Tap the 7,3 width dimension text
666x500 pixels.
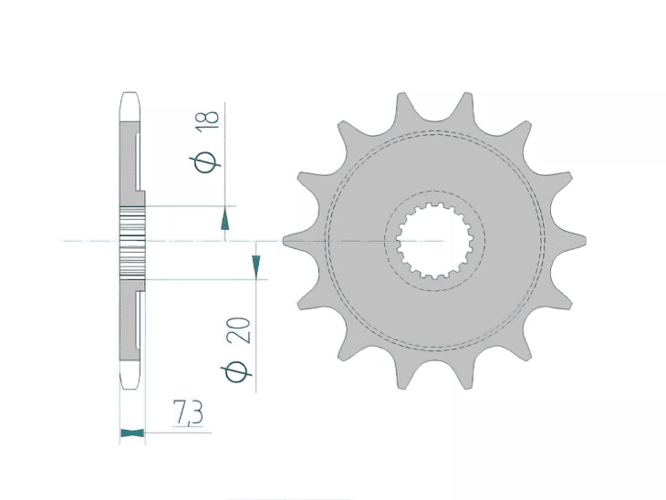pyautogui.click(x=188, y=415)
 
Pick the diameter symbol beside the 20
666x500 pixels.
pyautogui.click(x=238, y=371)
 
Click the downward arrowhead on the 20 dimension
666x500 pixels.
pyautogui.click(x=255, y=266)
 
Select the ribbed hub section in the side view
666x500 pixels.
pyautogui.click(x=133, y=241)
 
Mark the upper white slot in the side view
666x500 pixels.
pyautogui.click(x=138, y=161)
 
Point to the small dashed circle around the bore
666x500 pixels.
pyautogui.click(x=484, y=241)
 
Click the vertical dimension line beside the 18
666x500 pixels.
pyautogui.click(x=225, y=155)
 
